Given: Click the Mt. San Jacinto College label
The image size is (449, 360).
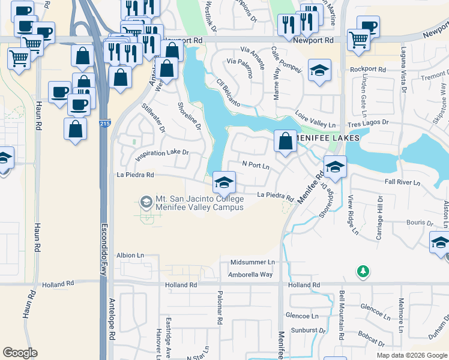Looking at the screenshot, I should pos(199,199).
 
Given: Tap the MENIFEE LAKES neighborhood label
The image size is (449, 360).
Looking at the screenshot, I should pos(327,138).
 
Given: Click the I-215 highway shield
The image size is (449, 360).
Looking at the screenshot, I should pos(105,124).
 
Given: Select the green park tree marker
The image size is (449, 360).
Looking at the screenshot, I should pos(363,272).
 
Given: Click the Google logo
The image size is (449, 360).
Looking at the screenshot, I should pos(20,353).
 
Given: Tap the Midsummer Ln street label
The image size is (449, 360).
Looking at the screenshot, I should pos(252,262).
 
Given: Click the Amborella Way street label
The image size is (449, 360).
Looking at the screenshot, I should pos(250,274).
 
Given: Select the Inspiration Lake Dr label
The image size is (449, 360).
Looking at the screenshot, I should pos(162,154).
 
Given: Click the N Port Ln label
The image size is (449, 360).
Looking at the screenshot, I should pos(256,163).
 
